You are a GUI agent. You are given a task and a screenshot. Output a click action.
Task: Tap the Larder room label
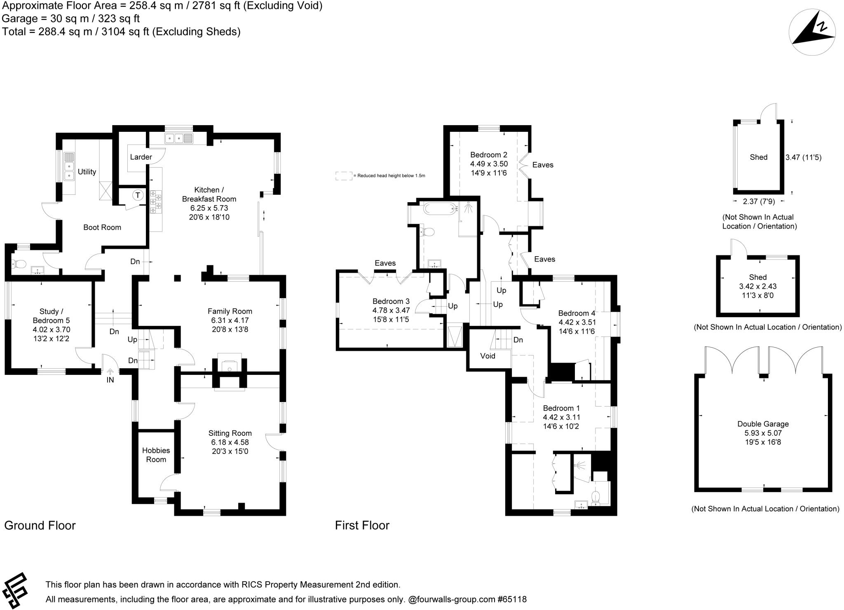(141, 157)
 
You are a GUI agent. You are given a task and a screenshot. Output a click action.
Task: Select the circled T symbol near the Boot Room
(138, 195)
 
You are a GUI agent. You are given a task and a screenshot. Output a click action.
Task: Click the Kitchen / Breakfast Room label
(209, 194)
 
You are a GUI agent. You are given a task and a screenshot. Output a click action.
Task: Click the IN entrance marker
(110, 380)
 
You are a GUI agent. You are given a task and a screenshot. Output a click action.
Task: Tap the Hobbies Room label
(156, 455)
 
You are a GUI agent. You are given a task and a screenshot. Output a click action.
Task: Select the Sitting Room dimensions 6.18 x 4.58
(230, 442)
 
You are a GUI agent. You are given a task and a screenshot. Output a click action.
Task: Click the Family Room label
(230, 311)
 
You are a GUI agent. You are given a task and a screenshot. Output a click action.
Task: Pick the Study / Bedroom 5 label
(52, 316)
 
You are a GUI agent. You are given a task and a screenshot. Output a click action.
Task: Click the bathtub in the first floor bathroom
(441, 208)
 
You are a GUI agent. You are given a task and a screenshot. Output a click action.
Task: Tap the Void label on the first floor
(488, 356)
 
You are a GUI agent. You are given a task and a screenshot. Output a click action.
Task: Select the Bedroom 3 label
(391, 301)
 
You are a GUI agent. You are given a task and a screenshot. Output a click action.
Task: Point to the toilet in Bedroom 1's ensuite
(595, 497)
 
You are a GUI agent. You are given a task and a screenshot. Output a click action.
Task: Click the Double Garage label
(763, 424)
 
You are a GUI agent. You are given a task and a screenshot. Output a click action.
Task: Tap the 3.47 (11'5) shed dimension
(803, 157)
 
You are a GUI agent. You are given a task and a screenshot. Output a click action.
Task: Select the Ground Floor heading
(40, 526)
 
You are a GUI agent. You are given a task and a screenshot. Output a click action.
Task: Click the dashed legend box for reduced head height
(344, 176)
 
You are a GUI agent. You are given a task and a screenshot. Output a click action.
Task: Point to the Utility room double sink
(69, 167)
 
